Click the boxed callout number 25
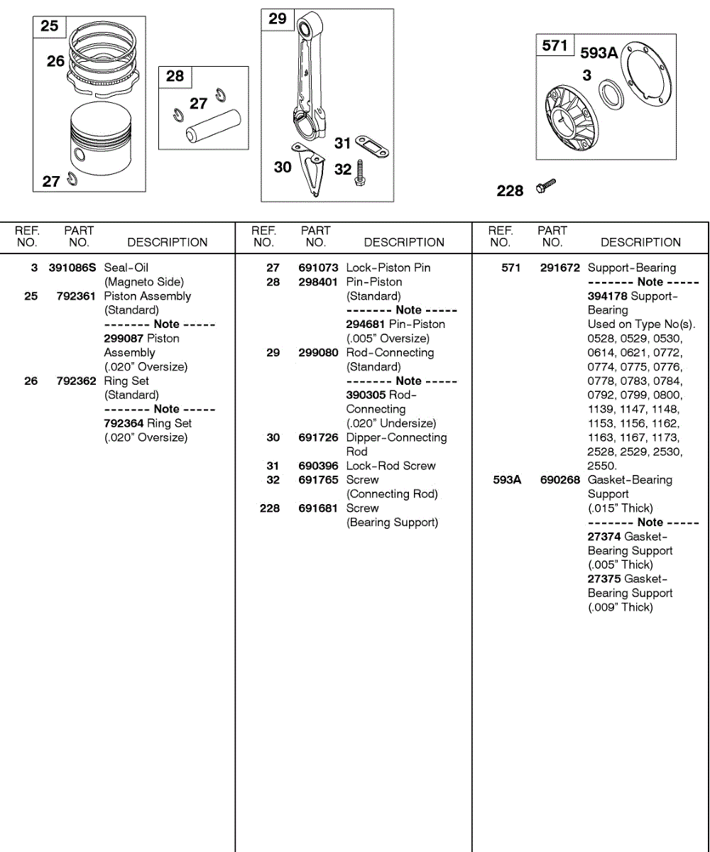pyautogui.click(x=49, y=26)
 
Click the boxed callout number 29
pyautogui.click(x=277, y=18)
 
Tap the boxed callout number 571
pyautogui.click(x=555, y=45)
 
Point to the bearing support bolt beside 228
pyautogui.click(x=546, y=186)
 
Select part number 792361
pyautogui.click(x=76, y=296)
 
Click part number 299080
pyautogui.click(x=318, y=353)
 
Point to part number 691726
pyautogui.click(x=318, y=438)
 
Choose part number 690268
pyautogui.click(x=560, y=480)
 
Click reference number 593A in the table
pyautogui.click(x=507, y=480)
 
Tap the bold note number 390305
pyautogui.click(x=366, y=395)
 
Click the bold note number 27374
pyautogui.click(x=604, y=537)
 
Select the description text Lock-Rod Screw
pyautogui.click(x=390, y=466)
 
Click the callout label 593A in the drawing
pyautogui.click(x=599, y=53)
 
